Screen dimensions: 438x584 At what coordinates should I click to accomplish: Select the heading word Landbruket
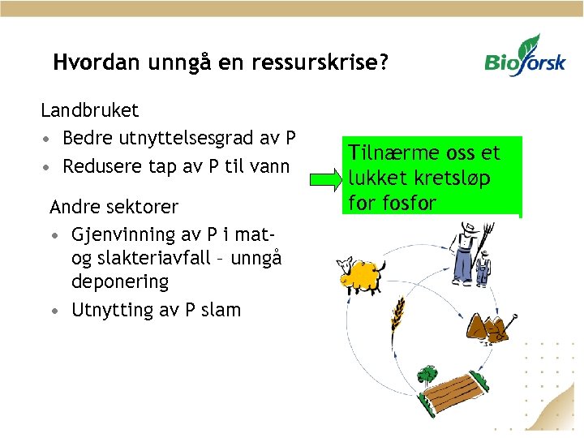pos(90,109)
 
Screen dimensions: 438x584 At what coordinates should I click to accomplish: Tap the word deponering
pos(120,282)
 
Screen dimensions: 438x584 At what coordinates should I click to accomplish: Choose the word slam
pos(221,310)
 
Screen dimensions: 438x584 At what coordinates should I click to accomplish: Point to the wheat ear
pos(397,313)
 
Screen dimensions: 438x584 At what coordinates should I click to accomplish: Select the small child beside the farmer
pos(483,271)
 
